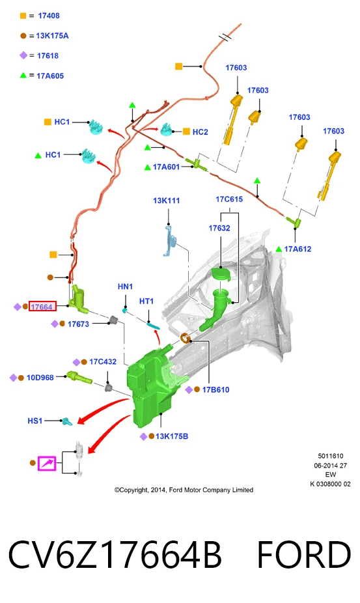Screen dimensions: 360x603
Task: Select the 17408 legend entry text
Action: [x=49, y=16]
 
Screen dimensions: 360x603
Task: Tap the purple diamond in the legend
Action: [x=23, y=55]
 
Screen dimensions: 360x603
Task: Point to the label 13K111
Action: [x=167, y=201]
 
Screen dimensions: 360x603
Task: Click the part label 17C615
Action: [x=229, y=199]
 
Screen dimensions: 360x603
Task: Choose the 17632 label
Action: [x=219, y=228]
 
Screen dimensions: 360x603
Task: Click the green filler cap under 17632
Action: [x=221, y=274]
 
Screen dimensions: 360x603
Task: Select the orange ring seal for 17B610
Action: [x=186, y=339]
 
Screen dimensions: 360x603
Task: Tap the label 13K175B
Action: [x=172, y=436]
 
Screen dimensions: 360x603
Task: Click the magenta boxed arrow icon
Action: [x=47, y=463]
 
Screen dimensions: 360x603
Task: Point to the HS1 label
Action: [x=35, y=421]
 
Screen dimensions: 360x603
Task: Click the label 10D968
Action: [x=40, y=378]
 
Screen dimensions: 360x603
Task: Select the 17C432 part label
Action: [x=103, y=362]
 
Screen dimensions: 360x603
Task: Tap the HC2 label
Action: [x=200, y=132]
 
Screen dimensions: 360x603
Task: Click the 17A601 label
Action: [x=166, y=167]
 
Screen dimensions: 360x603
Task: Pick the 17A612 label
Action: [x=298, y=249]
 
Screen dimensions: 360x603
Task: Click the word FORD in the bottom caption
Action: [x=304, y=555]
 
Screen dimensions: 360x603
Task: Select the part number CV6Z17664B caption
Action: [x=115, y=555]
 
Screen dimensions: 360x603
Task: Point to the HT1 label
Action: [x=146, y=301]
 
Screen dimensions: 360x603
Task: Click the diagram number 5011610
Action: [x=331, y=456]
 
